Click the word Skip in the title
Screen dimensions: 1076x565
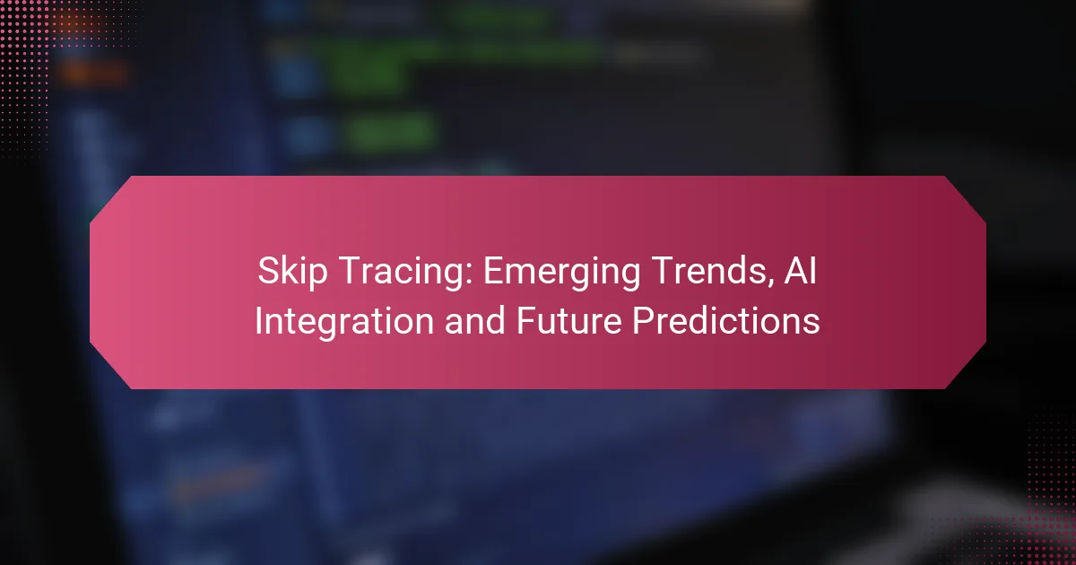coord(292,273)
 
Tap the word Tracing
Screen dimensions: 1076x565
coord(407,273)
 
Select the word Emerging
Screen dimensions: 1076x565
coord(561,273)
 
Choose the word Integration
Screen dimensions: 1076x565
coord(344,322)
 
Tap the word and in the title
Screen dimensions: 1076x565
coord(474,320)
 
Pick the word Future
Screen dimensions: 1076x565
coord(568,320)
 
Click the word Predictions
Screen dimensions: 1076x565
coord(725,320)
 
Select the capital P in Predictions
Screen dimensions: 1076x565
coord(643,320)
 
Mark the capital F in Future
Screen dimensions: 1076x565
coord(526,320)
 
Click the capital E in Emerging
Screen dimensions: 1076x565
coord(494,271)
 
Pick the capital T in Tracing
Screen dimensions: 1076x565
coord(351,271)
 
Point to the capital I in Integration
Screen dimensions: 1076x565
coord(258,320)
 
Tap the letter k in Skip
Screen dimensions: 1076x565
coord(295,271)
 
